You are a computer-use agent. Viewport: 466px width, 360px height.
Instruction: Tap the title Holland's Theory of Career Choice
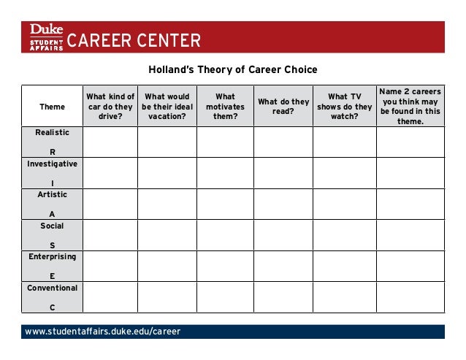tap(233, 70)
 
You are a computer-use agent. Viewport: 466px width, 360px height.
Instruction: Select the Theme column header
tap(52, 107)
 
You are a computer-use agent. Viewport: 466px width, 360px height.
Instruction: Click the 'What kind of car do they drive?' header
tap(110, 107)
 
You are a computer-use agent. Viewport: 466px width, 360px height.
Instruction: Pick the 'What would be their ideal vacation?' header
tap(167, 107)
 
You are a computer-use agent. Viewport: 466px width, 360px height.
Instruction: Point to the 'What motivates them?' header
tap(225, 107)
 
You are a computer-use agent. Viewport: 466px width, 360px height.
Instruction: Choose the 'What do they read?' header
tap(283, 107)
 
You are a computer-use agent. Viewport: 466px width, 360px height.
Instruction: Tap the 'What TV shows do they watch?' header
tap(344, 107)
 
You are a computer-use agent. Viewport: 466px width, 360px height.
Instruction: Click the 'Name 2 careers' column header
tap(410, 107)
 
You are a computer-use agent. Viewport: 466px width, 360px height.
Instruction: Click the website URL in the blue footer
tap(102, 332)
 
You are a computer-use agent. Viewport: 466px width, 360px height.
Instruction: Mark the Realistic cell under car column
tap(110, 142)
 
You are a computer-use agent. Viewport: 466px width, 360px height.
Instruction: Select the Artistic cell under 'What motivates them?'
tap(225, 204)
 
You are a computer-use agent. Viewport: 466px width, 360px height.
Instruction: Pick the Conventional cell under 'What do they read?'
tap(283, 297)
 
